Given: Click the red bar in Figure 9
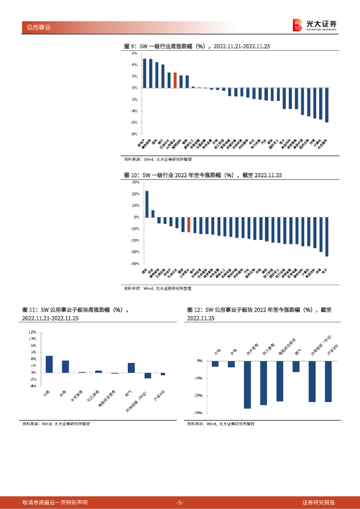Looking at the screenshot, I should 175,81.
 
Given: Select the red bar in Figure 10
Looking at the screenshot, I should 188,225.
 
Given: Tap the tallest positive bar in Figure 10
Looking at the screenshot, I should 147,204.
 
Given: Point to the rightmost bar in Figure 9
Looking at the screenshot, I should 327,105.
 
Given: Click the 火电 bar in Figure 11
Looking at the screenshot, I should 49,364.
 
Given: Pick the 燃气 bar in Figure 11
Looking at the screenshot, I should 131,367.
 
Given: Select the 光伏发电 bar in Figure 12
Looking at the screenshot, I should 248,384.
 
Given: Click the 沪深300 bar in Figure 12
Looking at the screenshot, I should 328,381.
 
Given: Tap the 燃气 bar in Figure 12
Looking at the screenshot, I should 296,366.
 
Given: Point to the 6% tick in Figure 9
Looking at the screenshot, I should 134,53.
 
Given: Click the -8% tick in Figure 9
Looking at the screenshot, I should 134,134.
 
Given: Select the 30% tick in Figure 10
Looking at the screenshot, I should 135,182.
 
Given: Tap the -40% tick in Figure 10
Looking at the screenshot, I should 134,264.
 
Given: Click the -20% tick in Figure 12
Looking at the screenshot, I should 198,396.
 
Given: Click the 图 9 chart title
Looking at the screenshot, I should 196,46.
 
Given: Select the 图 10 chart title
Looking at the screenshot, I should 203,175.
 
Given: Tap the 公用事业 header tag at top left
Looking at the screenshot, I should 37,27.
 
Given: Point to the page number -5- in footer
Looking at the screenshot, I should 180,502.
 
